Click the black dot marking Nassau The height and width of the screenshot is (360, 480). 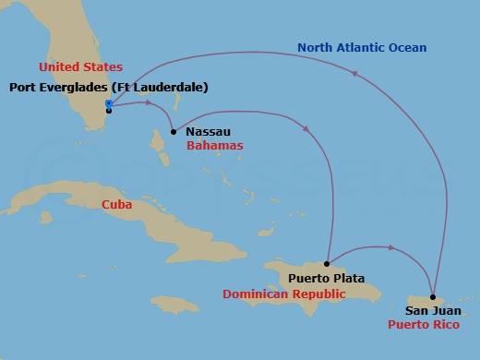pos(174,132)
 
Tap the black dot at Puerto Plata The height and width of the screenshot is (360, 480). pos(328,263)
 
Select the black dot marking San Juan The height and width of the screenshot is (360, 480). pos(433,297)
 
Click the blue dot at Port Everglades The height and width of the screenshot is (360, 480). pos(109,103)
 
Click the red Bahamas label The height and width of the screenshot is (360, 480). pos(214,146)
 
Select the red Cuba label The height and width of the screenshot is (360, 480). pos(116,204)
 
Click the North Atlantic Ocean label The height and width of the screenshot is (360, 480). pos(354,47)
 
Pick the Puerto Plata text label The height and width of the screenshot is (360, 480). pos(326,278)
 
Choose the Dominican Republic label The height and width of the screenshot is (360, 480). pos(284,294)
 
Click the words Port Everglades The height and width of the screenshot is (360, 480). pos(57,87)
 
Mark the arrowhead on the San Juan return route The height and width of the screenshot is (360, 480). pos(357,75)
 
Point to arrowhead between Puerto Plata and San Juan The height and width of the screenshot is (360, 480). pos(393,247)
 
